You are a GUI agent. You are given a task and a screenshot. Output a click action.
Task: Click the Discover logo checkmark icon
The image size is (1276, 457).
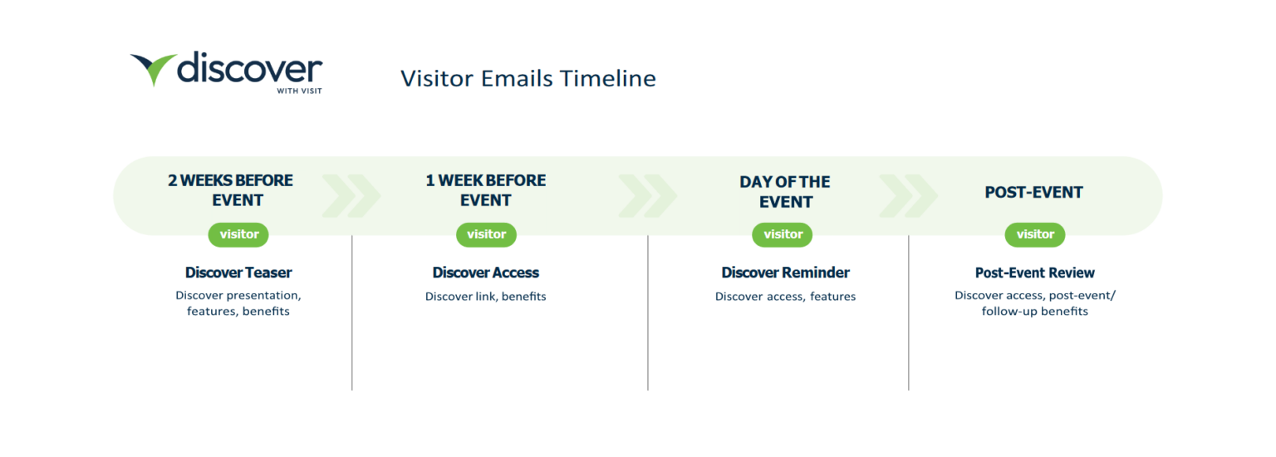tap(154, 69)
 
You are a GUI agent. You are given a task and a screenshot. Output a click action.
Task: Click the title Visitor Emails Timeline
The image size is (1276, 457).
tap(528, 78)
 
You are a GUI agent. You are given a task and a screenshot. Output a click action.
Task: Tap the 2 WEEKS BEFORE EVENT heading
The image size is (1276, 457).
tap(230, 190)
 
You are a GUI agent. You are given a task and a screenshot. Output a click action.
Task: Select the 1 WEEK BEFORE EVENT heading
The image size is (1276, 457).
tap(485, 190)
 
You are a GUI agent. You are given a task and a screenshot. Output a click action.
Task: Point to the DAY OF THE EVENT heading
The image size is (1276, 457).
tap(784, 191)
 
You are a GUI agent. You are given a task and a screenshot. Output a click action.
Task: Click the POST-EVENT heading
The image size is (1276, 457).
tap(1033, 192)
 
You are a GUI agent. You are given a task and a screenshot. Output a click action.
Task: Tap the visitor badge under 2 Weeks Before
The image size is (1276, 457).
tap(238, 234)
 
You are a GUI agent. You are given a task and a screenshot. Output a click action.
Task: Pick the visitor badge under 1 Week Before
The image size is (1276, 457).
tap(486, 234)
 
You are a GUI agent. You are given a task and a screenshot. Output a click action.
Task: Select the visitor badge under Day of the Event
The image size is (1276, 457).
tap(783, 234)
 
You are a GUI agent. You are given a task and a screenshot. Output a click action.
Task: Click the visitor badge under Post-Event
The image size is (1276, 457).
tap(1034, 234)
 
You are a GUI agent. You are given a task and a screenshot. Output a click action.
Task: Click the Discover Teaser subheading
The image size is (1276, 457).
tap(238, 273)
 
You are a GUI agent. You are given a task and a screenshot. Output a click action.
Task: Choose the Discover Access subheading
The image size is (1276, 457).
tap(485, 273)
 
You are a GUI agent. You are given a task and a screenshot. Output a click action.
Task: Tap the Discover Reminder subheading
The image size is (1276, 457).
tap(785, 273)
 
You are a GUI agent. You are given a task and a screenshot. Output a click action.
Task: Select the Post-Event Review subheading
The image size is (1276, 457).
tap(1034, 273)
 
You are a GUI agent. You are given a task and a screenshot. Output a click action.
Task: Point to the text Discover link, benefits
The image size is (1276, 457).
tap(485, 297)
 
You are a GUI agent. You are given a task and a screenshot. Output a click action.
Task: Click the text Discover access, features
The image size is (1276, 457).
tap(785, 297)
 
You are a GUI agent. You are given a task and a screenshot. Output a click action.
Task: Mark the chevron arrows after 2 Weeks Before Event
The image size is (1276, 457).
tap(351, 196)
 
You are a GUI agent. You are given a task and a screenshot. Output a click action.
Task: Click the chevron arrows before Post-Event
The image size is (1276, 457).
tap(907, 196)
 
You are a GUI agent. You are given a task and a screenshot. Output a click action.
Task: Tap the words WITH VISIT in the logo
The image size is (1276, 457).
tap(299, 91)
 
